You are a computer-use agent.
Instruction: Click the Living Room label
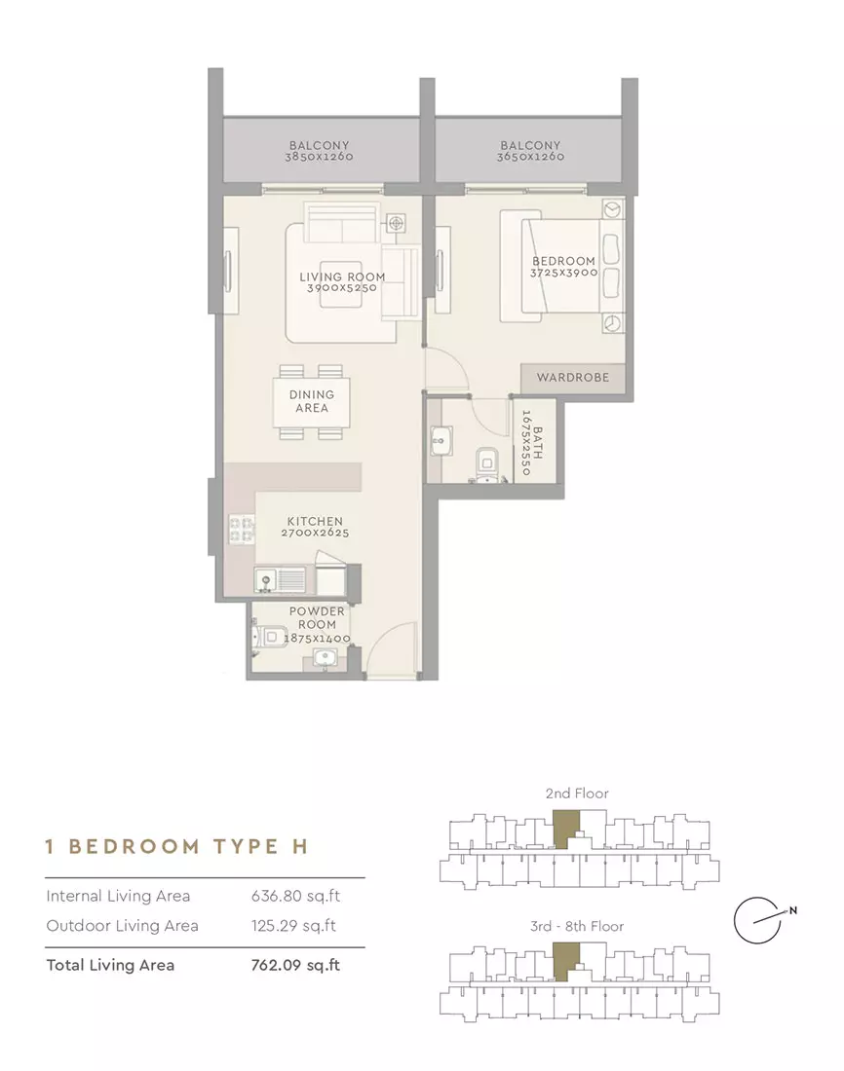point(342,277)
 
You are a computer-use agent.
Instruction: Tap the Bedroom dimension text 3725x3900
point(563,273)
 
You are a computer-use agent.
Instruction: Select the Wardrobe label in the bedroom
point(572,377)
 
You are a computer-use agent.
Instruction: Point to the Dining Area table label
point(311,401)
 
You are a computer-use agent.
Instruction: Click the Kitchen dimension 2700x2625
point(315,533)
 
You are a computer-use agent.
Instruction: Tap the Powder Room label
point(317,617)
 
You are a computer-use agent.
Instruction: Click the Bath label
point(538,443)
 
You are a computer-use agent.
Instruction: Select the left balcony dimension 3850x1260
point(319,157)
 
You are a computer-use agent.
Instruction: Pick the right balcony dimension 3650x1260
point(530,157)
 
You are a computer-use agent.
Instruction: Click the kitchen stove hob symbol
point(241,530)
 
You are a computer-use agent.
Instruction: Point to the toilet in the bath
point(487,464)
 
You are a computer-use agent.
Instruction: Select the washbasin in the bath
point(440,441)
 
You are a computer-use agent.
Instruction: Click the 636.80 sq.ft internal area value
point(295,896)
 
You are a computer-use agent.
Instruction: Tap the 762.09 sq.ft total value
point(295,965)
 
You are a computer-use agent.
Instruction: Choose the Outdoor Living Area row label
point(123,926)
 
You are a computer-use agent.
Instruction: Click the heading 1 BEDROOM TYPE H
point(176,846)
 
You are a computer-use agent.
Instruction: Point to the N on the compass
point(792,909)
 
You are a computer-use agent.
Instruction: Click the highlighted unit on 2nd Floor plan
point(565,828)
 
